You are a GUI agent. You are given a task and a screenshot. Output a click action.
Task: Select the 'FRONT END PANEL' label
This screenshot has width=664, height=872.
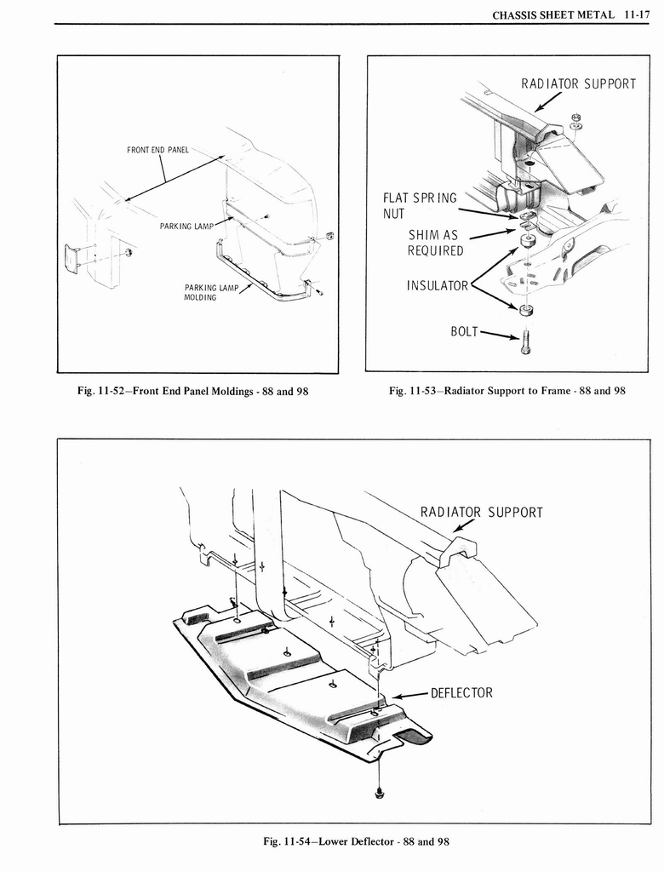[157, 151]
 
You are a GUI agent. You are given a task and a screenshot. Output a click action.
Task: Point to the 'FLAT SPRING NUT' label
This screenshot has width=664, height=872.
[420, 205]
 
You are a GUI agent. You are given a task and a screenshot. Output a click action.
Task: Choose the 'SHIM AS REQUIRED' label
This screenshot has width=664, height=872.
[435, 243]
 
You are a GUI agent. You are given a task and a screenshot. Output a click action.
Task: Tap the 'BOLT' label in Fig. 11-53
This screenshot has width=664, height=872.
[465, 330]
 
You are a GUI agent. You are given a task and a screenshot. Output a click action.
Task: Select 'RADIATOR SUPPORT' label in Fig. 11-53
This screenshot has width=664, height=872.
[578, 83]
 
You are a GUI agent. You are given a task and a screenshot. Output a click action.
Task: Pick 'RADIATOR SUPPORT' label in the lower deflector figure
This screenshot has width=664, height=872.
[482, 512]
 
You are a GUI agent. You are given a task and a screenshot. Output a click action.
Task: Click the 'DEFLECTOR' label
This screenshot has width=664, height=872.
[461, 692]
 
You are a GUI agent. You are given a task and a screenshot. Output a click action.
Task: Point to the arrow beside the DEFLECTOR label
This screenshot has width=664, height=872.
[409, 695]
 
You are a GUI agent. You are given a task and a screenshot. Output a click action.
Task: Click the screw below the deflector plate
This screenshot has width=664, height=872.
[378, 795]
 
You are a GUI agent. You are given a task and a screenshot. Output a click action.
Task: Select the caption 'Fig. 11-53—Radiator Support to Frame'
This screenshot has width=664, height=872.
[507, 391]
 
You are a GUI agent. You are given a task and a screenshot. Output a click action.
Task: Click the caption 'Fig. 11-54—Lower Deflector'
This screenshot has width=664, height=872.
[356, 841]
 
